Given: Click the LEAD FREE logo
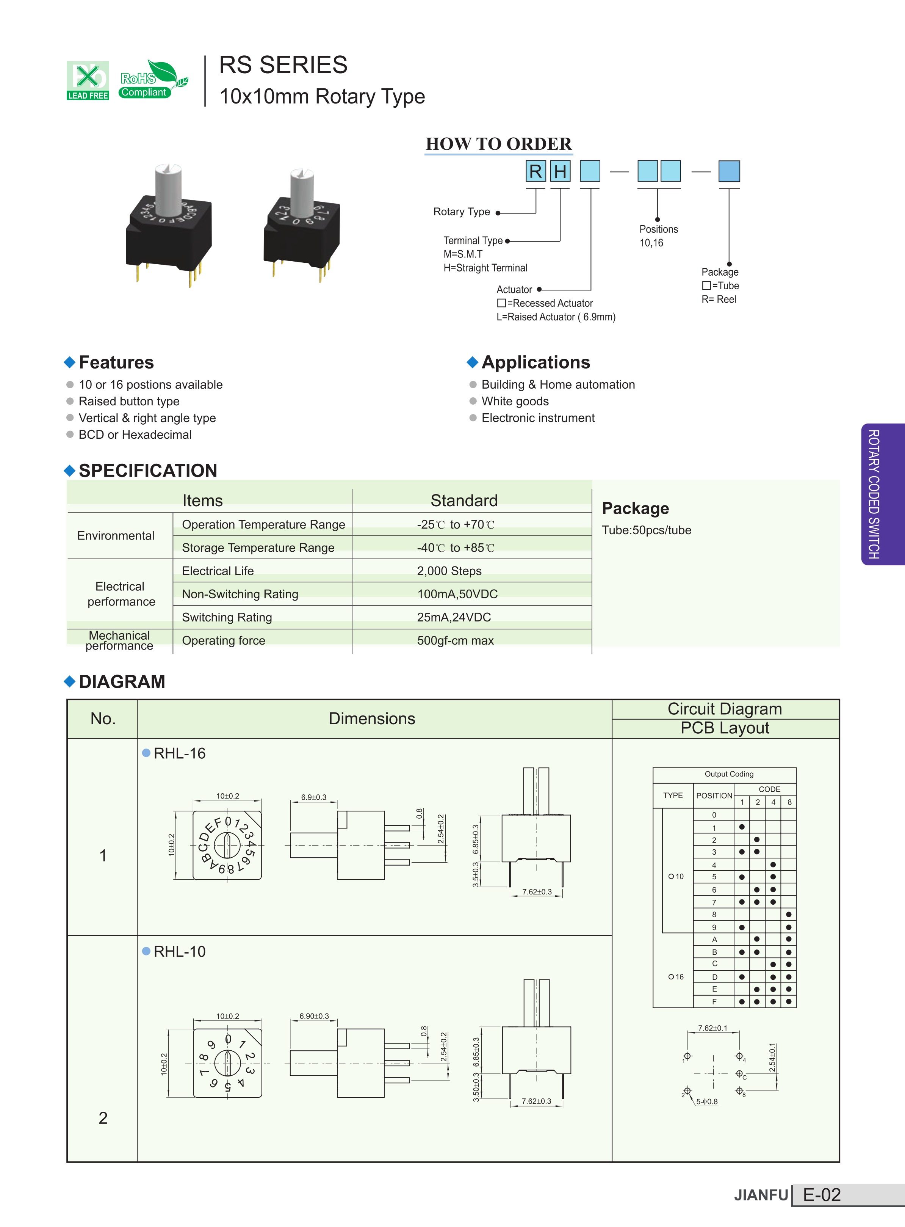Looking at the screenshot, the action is coord(88,80).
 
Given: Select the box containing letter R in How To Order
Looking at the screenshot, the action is coord(535,171).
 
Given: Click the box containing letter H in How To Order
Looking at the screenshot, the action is coord(560,171).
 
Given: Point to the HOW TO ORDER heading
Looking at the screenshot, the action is coord(498,144).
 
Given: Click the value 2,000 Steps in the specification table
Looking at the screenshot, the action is coord(449,571).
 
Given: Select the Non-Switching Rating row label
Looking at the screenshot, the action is coord(240,594).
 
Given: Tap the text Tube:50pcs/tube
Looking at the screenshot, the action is coord(647,530).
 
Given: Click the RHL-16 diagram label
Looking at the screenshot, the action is coord(179,753).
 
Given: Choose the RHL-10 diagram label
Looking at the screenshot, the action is coord(179,951).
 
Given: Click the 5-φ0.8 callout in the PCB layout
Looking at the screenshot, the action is coord(707,1101).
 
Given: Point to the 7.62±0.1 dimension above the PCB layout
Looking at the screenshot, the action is coord(713,1028).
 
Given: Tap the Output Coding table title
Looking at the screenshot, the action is coord(729,774).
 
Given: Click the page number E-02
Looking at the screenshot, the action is coord(822,1195).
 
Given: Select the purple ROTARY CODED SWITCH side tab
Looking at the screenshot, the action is coord(883,494).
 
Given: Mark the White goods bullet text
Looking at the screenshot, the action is coord(515,401).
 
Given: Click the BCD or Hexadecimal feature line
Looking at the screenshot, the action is coord(135,435).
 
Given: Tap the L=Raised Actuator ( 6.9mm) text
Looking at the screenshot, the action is coord(556,317).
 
